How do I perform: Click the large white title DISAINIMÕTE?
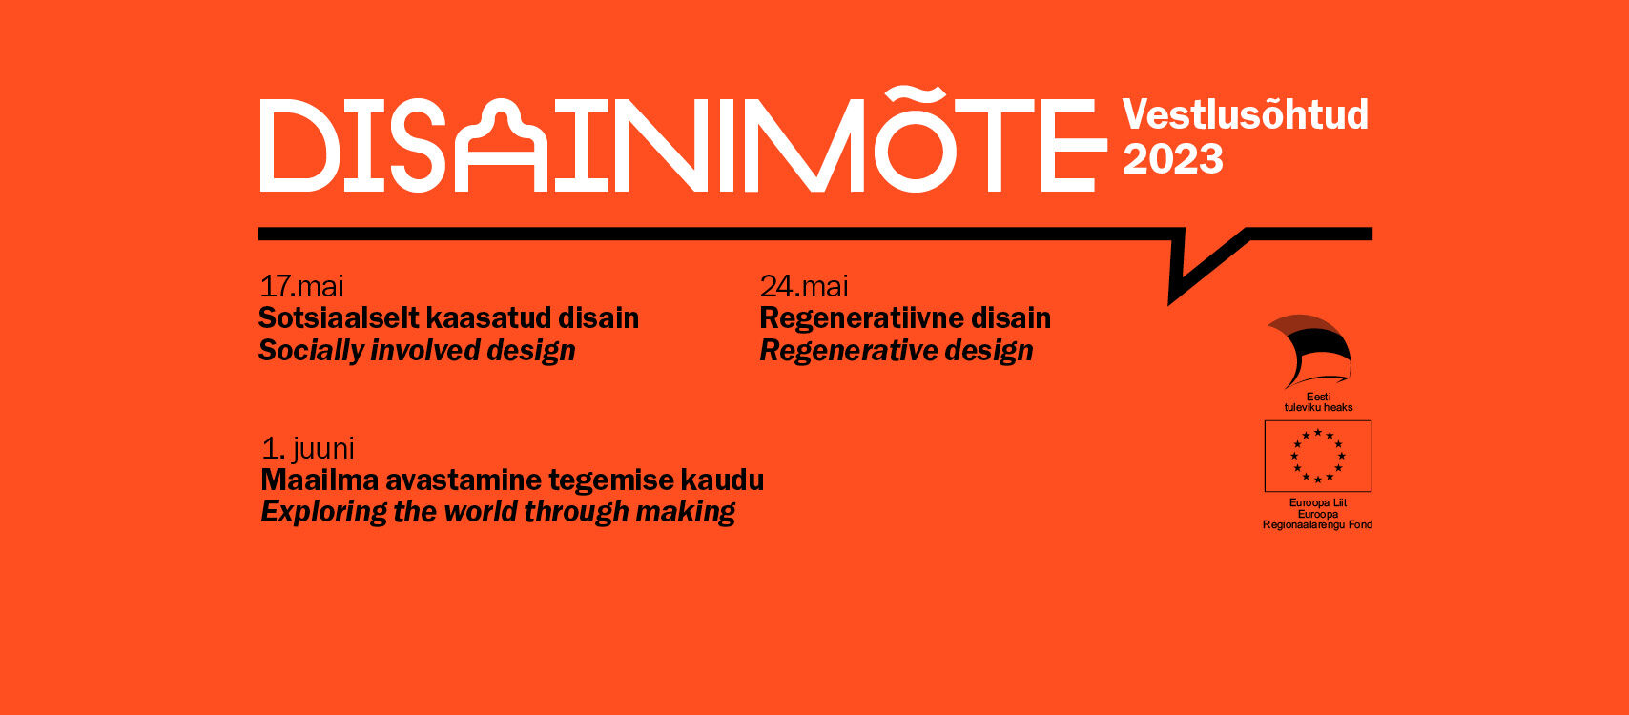coord(683,140)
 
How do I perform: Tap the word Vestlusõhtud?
coord(1246,114)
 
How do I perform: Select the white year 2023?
coord(1173,159)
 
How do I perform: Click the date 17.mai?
coord(301,286)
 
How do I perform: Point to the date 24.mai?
coord(804,286)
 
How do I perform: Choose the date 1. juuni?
coord(308,448)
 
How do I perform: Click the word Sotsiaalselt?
coord(338,318)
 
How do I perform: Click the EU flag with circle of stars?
coord(1318,457)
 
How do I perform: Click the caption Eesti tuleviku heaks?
coord(1318,401)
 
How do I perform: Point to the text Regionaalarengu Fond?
coord(1318,524)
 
